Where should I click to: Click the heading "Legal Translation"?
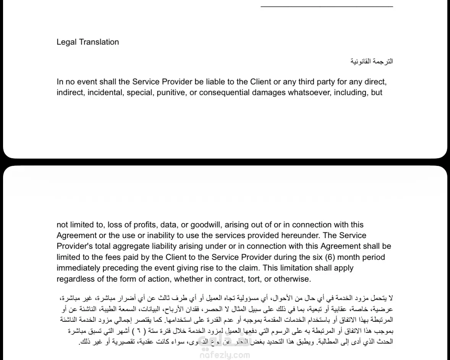click(87, 42)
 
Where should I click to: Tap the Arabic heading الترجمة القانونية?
click(372, 61)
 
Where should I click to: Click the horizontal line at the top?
click(327, 6)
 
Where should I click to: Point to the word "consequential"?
click(222, 92)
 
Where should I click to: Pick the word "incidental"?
click(102, 92)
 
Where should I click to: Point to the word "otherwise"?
click(293, 279)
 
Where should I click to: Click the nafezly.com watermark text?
click(225, 355)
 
